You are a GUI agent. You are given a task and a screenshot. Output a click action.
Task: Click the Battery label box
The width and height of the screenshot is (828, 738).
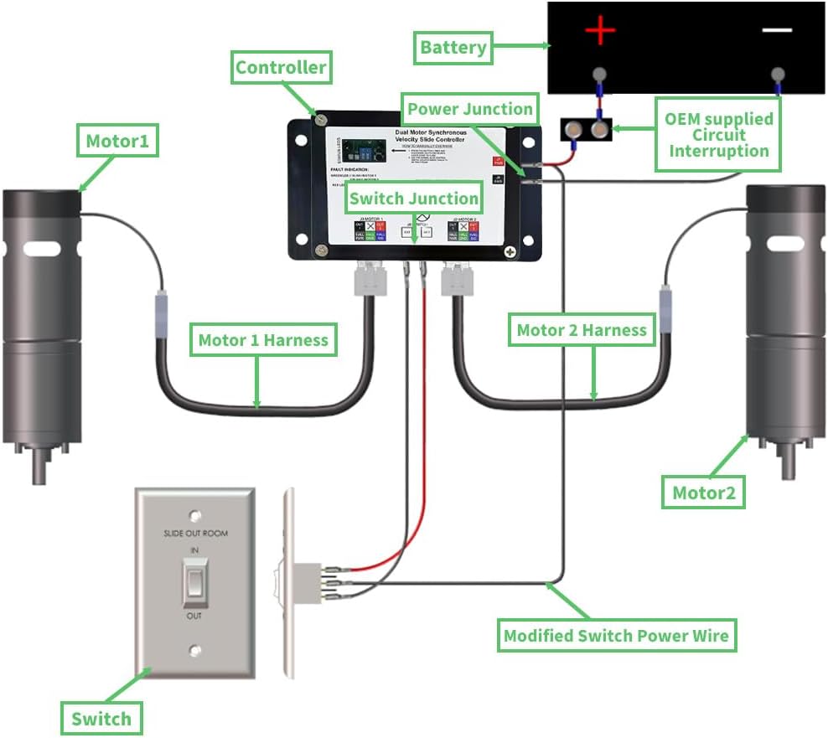(x=453, y=48)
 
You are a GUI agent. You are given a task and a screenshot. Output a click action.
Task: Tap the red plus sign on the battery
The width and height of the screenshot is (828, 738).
(x=600, y=32)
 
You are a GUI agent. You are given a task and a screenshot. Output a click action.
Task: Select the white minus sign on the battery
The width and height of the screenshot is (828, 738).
(x=777, y=30)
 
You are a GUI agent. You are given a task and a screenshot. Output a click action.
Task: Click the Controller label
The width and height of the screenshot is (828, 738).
(x=281, y=68)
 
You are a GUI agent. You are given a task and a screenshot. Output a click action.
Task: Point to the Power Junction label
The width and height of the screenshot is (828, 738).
(x=469, y=109)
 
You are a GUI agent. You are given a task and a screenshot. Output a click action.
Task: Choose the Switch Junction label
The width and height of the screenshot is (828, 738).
(x=414, y=199)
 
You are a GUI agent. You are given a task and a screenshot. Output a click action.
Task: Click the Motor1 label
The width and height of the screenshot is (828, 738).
(x=117, y=142)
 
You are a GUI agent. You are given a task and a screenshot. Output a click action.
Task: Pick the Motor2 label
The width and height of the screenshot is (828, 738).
(x=704, y=493)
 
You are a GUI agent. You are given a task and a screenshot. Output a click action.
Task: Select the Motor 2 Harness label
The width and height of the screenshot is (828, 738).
(x=582, y=330)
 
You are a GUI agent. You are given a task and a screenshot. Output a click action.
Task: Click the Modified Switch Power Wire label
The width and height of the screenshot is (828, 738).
(x=616, y=636)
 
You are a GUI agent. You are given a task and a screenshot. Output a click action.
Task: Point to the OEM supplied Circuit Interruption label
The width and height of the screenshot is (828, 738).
(x=718, y=135)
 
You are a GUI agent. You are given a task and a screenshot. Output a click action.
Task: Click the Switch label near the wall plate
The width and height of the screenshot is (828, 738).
(x=101, y=718)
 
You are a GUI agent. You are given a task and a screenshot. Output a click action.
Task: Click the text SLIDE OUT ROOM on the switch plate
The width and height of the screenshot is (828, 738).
(x=195, y=534)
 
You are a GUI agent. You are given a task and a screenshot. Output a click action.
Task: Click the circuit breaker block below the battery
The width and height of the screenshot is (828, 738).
(x=586, y=130)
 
